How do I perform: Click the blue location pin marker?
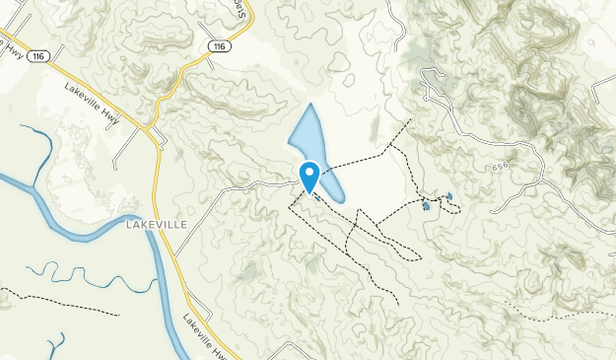pos(308,176)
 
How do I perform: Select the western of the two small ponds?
pos(426,205)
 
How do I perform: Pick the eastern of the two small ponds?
pos(449,197)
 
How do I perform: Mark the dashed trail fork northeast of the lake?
pos(389,146)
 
